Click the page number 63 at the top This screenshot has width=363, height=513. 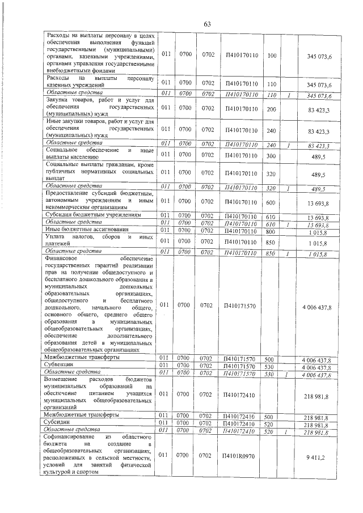click(208, 24)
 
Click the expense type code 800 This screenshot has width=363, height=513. click(271, 230)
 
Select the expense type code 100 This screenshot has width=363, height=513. click(271, 56)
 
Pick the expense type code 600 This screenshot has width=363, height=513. click(271, 201)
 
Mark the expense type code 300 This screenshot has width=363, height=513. click(271, 154)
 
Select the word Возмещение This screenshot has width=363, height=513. click(65, 377)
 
